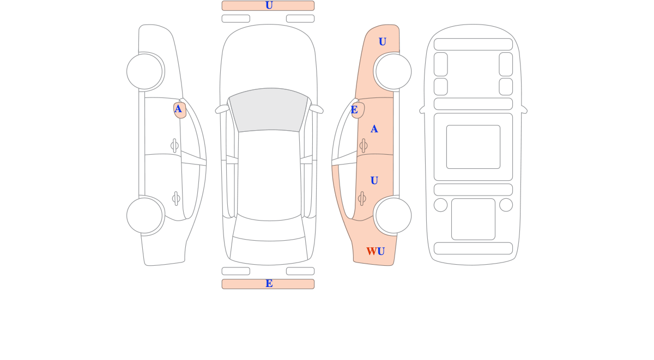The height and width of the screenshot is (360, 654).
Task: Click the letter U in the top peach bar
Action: [x=269, y=5]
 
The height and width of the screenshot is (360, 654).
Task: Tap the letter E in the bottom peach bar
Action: [x=269, y=283]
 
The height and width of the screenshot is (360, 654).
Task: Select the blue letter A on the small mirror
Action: [x=178, y=109]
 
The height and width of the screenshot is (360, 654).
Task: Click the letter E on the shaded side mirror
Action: [x=354, y=109]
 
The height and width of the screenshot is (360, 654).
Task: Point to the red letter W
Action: [x=372, y=251]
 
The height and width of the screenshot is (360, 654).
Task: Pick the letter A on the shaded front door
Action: [x=374, y=129]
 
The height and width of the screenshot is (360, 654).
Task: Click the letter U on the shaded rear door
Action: [x=374, y=180]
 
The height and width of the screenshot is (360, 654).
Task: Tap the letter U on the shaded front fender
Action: [x=382, y=41]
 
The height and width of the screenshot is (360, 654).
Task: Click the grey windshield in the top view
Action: [x=269, y=109]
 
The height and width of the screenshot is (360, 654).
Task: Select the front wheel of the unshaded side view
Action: [x=144, y=71]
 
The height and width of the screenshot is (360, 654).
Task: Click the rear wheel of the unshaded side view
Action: [x=144, y=216]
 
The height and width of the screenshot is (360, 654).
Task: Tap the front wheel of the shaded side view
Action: [x=393, y=71]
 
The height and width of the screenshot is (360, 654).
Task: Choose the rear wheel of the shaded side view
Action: [x=393, y=216]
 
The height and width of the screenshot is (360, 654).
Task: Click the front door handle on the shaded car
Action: [x=364, y=145]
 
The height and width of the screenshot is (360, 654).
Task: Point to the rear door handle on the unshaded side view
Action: [x=176, y=199]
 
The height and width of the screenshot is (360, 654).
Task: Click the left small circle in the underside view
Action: [x=440, y=205]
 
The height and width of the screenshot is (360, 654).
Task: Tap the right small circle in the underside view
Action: [x=506, y=205]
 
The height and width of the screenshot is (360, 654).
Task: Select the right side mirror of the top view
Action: [x=317, y=109]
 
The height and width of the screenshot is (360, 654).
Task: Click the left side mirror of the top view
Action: [x=222, y=109]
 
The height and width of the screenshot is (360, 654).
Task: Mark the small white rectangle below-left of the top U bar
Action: [x=236, y=19]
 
